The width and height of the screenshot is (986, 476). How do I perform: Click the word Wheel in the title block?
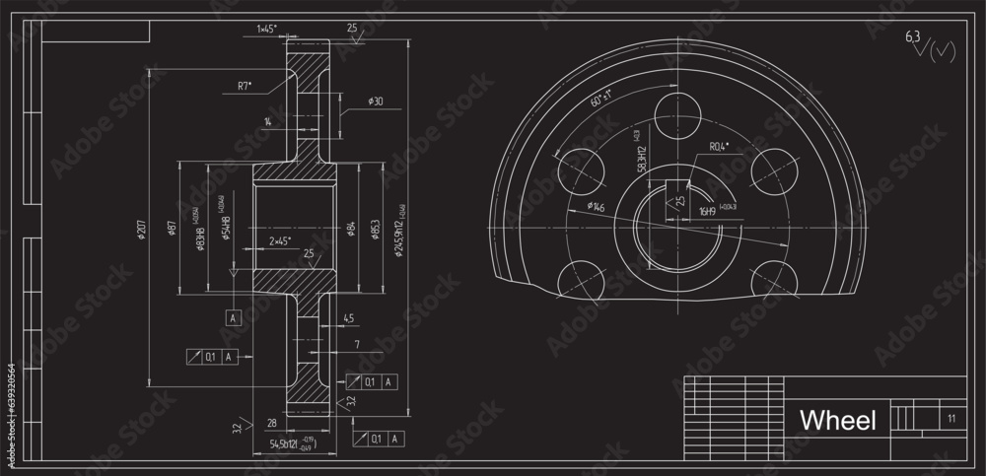pos(837,421)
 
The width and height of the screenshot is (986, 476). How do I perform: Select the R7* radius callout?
pos(245,87)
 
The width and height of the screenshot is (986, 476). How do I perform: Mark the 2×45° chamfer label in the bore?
pos(279,239)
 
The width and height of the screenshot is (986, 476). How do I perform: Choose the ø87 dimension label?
pos(173,229)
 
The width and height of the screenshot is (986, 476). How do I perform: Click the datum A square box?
pos(234,318)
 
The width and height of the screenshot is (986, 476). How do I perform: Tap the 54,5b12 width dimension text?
pos(286,444)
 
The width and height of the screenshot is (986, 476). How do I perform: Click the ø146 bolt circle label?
pos(597,206)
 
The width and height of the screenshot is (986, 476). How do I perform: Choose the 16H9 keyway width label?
pos(707,210)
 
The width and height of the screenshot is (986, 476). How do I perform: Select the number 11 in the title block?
pos(951,419)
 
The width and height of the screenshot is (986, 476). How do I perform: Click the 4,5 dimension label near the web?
pos(348,317)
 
